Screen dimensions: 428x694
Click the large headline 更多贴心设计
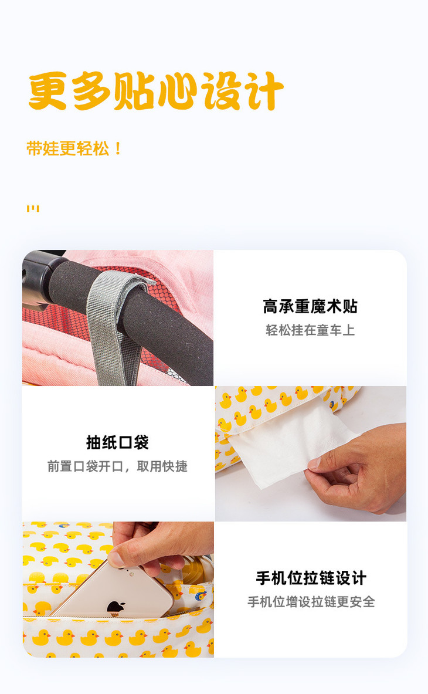point(155,91)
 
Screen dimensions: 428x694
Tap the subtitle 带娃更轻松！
point(74,149)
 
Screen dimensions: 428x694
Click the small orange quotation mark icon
point(33,208)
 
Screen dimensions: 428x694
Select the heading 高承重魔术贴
point(310,306)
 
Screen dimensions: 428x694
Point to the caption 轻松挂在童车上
point(310,330)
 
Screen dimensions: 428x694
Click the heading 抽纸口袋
point(117,442)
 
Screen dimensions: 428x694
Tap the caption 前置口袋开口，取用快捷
point(117,466)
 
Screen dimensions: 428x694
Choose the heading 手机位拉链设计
point(311,578)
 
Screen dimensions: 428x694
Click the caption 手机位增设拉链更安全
point(311,602)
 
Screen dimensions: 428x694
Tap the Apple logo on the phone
point(116,607)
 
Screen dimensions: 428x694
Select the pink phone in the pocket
point(113,591)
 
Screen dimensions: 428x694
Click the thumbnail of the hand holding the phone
point(118,589)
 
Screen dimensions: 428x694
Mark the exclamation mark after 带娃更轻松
point(117,149)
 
